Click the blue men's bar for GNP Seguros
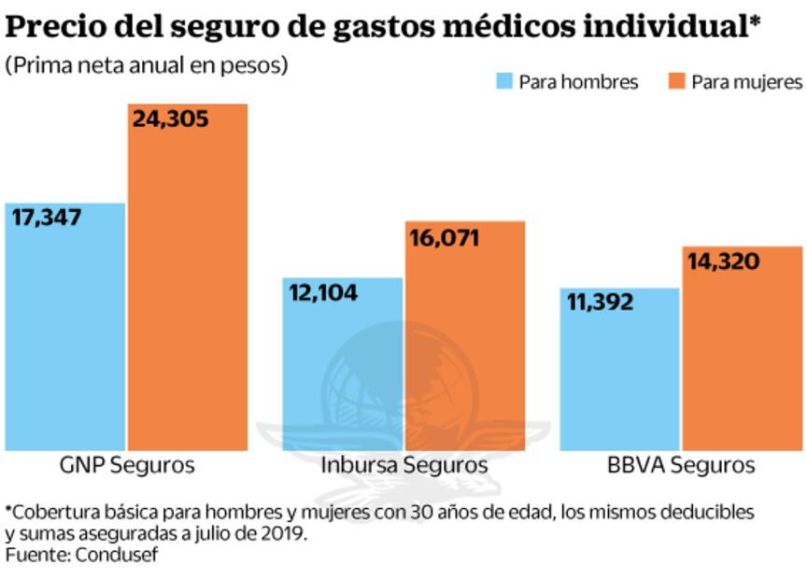click(x=64, y=327)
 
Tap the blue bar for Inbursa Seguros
click(x=342, y=364)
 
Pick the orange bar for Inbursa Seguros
click(x=465, y=336)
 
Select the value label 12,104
click(x=325, y=291)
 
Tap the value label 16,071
click(x=444, y=238)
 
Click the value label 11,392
click(x=600, y=303)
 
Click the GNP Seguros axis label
click(x=127, y=465)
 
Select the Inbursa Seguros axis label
click(x=403, y=465)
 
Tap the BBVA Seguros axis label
click(x=680, y=465)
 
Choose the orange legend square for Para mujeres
click(x=676, y=81)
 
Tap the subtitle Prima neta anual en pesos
click(x=147, y=66)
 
